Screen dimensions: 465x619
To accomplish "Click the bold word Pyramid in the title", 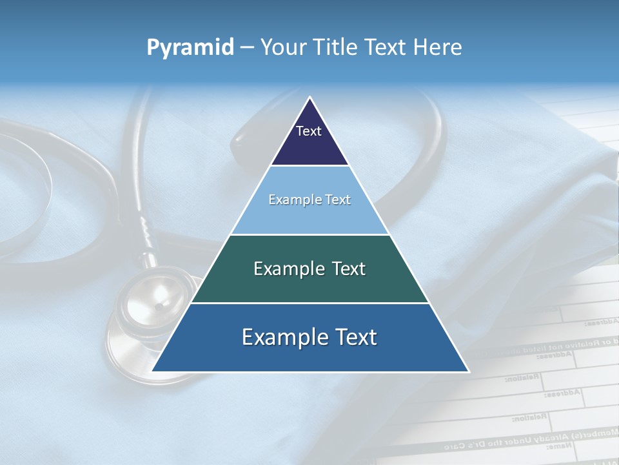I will click(190, 47).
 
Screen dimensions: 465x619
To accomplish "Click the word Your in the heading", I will click(284, 47).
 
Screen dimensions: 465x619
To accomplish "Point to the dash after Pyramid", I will click(247, 48).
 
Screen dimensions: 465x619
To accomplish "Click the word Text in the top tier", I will click(309, 131).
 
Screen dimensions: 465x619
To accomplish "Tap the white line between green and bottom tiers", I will click(309, 303).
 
